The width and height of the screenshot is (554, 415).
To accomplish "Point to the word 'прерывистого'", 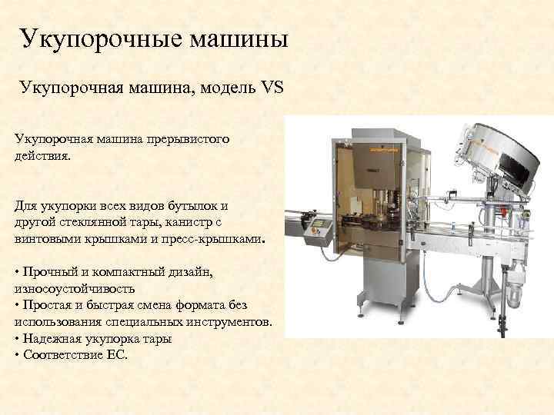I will point(187,141).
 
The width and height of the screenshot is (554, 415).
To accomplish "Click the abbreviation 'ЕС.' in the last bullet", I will point(117,355).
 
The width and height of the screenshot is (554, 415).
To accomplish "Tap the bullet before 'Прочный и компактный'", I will point(17,272).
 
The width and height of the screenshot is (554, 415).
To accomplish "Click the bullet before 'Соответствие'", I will point(17,355).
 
